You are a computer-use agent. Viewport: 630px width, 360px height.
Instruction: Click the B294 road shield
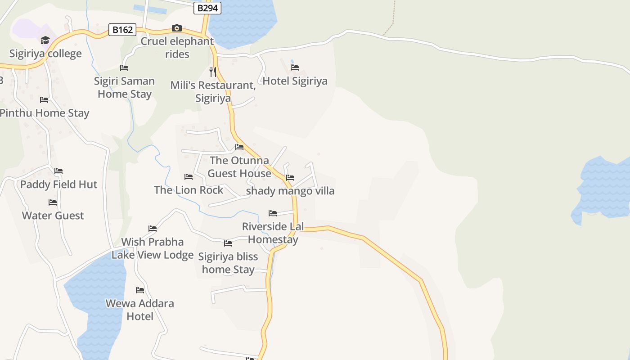pos(207,8)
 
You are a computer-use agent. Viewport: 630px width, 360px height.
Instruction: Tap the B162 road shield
pos(122,30)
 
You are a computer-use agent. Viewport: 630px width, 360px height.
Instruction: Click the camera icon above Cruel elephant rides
pos(177,28)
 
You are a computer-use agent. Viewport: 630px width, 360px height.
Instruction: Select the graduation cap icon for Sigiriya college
pos(45,40)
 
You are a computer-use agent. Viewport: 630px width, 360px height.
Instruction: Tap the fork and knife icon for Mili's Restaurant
pos(213,72)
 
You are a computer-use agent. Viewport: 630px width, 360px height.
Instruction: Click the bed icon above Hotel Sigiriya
pos(295,67)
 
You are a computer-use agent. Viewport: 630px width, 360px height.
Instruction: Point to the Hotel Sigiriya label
pos(295,81)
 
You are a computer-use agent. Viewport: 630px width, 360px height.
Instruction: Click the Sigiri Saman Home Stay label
pos(124,87)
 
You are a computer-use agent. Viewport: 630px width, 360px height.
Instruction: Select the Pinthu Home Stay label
pos(44,113)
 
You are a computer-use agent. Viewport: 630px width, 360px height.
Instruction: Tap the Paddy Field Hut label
pos(58,184)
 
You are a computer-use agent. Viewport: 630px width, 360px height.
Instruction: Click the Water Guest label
pos(53,216)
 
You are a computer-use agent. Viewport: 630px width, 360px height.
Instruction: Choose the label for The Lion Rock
pos(188,190)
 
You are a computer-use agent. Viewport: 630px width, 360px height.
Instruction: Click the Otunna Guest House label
pos(239,166)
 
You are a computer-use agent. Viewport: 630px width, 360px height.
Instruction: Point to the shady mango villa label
pos(290,191)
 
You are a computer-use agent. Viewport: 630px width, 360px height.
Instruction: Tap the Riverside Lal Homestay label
pos(273,233)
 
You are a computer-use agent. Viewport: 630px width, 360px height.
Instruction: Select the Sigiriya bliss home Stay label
pos(228,263)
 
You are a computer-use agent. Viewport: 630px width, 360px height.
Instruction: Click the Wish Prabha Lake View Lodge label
pos(153,248)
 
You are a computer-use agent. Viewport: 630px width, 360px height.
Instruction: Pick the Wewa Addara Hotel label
pos(140,310)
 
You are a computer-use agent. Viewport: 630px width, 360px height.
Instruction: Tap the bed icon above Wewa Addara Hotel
pos(140,290)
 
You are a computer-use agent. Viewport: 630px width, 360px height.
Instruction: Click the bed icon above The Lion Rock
pos(189,177)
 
